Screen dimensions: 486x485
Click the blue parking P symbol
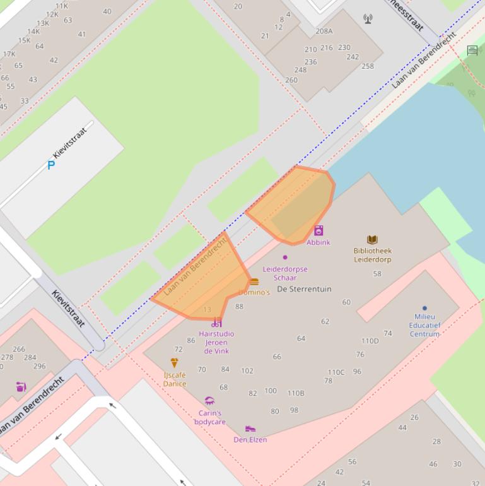[51, 165]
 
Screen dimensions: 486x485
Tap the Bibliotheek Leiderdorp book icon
[372, 240]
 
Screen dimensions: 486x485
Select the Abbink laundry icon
[318, 231]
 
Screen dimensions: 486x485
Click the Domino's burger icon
[254, 282]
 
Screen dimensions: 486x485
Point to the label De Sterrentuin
[304, 289]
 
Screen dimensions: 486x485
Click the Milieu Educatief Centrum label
[424, 325]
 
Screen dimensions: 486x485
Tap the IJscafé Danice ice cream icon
[175, 363]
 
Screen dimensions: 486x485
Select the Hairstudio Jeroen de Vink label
[216, 342]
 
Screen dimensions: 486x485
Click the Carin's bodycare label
[209, 417]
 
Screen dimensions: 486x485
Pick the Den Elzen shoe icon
[250, 429]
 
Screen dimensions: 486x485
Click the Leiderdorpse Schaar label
[285, 273]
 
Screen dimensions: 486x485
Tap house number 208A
[324, 31]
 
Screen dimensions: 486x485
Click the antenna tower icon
[368, 19]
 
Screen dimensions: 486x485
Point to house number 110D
[370, 341]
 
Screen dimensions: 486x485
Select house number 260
[291, 80]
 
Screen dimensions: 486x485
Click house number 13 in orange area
[207, 310]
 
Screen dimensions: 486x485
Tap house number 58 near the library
[377, 274]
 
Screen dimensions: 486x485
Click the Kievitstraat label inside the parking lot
[69, 143]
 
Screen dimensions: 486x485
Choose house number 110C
[336, 372]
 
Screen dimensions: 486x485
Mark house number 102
[247, 371]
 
